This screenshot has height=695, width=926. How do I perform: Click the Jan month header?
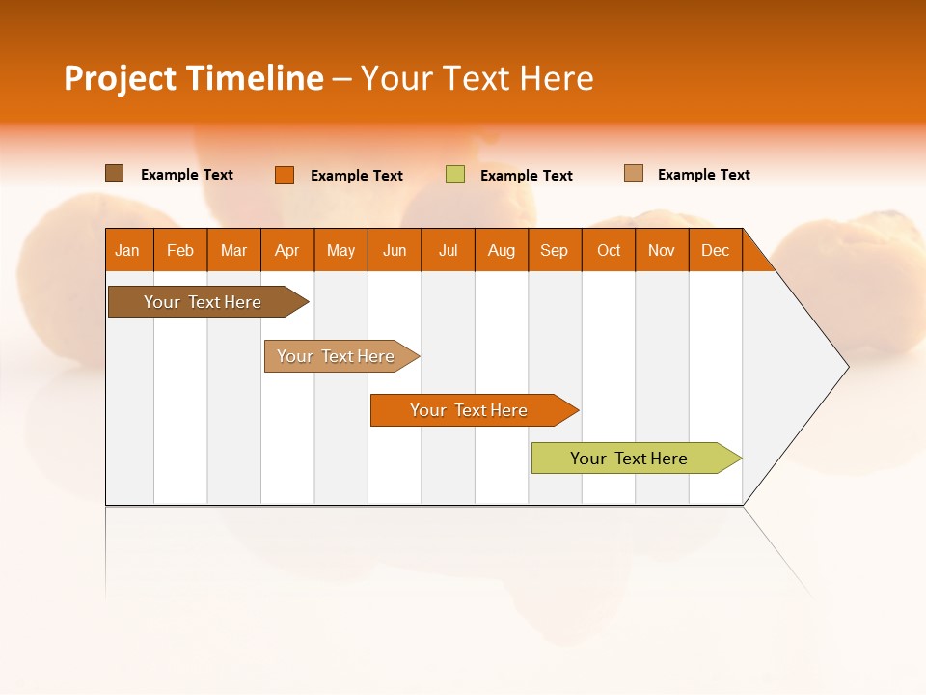pyautogui.click(x=128, y=250)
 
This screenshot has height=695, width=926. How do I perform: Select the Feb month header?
pyautogui.click(x=180, y=250)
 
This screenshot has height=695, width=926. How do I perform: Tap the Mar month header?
pyautogui.click(x=233, y=250)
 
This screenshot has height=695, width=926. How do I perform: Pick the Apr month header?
pyautogui.click(x=287, y=250)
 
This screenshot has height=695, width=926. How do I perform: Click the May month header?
pyautogui.click(x=340, y=250)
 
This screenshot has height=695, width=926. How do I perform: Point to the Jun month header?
pyautogui.click(x=395, y=250)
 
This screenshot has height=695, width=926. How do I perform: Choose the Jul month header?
pyautogui.click(x=448, y=250)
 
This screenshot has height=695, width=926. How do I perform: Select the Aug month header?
pyautogui.click(x=502, y=250)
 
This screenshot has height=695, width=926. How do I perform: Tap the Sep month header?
pyautogui.click(x=555, y=250)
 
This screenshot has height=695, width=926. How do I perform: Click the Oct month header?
pyautogui.click(x=609, y=250)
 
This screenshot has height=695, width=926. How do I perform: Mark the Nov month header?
pyautogui.click(x=662, y=250)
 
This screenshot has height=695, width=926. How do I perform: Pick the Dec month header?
pyautogui.click(x=715, y=250)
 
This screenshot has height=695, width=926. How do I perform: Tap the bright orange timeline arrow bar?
pyautogui.click(x=470, y=410)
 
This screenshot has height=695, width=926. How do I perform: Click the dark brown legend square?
pyautogui.click(x=115, y=174)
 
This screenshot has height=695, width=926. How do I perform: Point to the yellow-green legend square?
pyautogui.click(x=455, y=175)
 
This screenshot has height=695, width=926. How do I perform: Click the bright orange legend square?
pyautogui.click(x=285, y=175)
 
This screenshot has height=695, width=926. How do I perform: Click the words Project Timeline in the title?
pyautogui.click(x=194, y=78)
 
